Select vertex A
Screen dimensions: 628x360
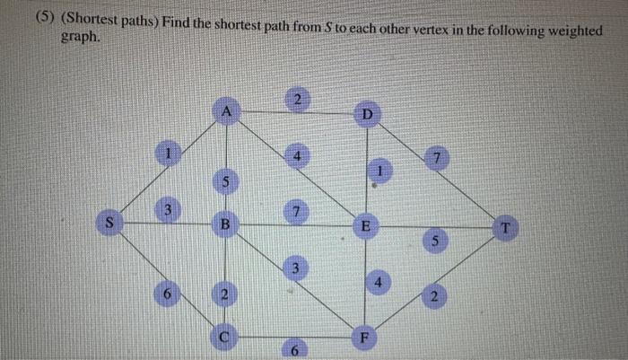[x=227, y=111]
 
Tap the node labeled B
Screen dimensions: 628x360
[x=227, y=224]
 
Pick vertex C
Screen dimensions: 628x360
[x=227, y=336]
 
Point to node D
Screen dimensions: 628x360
[x=367, y=114]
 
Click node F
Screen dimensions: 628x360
[x=365, y=338]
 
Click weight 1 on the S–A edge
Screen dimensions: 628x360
[x=167, y=154]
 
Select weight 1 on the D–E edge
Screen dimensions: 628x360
[x=380, y=170]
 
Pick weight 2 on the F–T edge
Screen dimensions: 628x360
[x=434, y=296]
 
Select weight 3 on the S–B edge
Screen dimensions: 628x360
[x=165, y=210]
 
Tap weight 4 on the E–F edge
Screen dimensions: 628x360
[x=379, y=282]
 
